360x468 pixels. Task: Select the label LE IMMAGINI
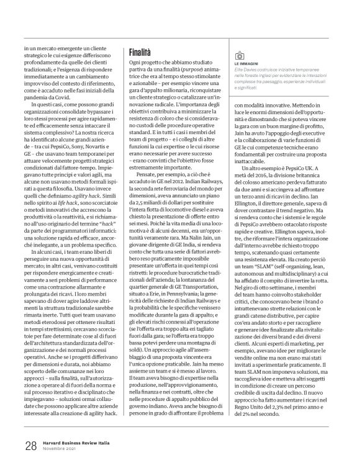[x=247, y=64]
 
